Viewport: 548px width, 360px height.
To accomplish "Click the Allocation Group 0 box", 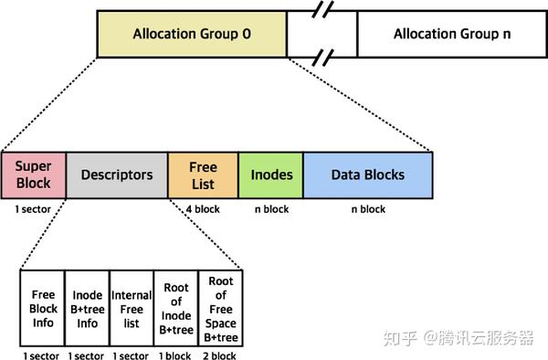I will pyautogui.click(x=191, y=35).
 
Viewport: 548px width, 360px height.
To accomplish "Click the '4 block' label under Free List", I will pyautogui.click(x=203, y=209).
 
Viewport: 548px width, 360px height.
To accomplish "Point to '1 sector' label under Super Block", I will pyautogui.click(x=34, y=209).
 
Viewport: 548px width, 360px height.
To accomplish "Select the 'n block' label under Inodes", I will pyautogui.click(x=271, y=209).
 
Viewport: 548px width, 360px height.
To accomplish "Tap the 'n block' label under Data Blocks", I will pyautogui.click(x=367, y=209).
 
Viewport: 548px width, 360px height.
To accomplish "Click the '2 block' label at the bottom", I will pyautogui.click(x=221, y=354).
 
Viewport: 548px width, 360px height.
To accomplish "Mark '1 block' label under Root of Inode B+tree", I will pyautogui.click(x=176, y=354).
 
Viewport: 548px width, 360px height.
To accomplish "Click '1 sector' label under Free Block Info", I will pyautogui.click(x=42, y=354).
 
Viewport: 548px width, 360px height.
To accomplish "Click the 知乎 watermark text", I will pyautogui.click(x=398, y=338).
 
